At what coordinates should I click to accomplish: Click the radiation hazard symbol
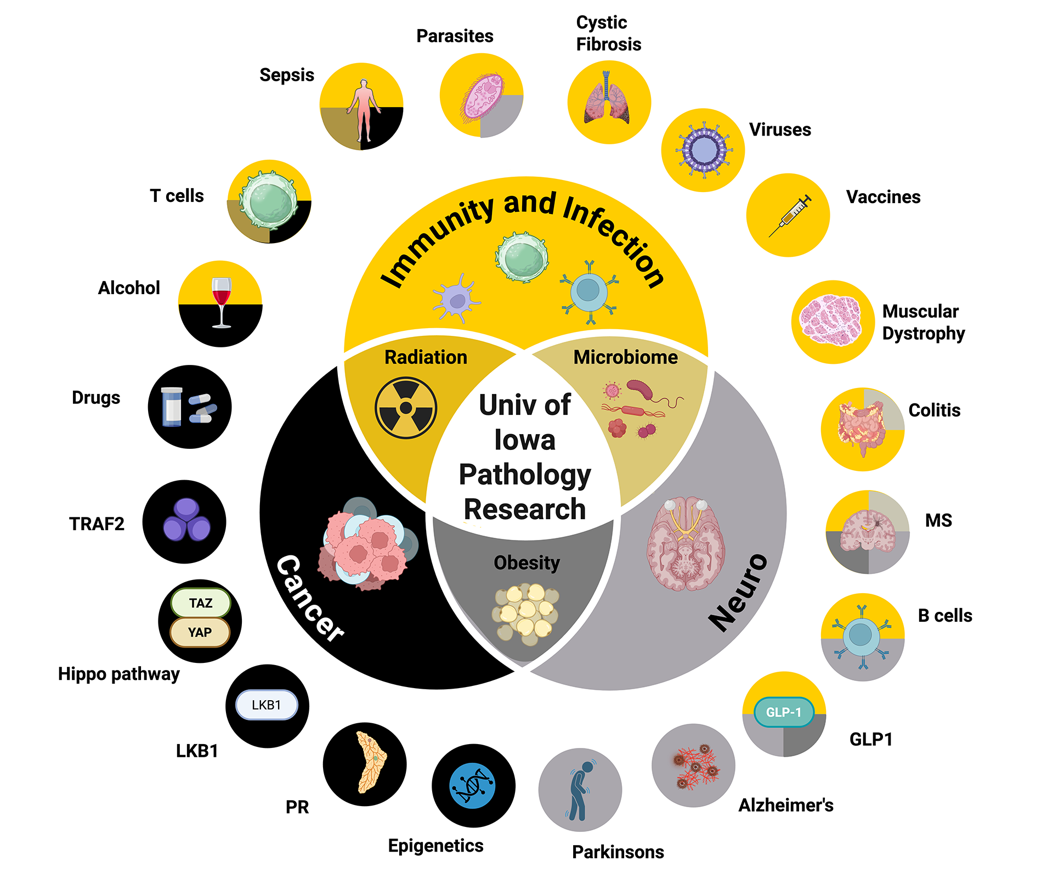[x=406, y=408]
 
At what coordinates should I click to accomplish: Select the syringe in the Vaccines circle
[x=790, y=216]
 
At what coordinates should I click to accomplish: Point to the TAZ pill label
[x=201, y=603]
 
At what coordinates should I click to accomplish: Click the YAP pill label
[x=200, y=632]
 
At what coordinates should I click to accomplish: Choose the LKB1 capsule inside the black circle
[x=267, y=705]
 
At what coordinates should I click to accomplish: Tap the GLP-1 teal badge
[x=784, y=712]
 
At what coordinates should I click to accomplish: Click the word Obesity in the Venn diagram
[x=526, y=562]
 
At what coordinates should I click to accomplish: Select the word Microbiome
[x=625, y=357]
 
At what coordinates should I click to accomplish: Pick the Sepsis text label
[x=287, y=75]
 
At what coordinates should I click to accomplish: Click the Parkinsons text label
[x=618, y=852]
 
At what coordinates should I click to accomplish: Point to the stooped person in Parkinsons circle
[x=579, y=790]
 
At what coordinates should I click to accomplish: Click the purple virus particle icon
[x=704, y=150]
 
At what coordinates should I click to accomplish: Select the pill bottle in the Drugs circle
[x=172, y=407]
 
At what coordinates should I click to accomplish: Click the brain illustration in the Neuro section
[x=686, y=543]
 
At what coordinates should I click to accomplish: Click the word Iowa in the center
[x=525, y=440]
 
